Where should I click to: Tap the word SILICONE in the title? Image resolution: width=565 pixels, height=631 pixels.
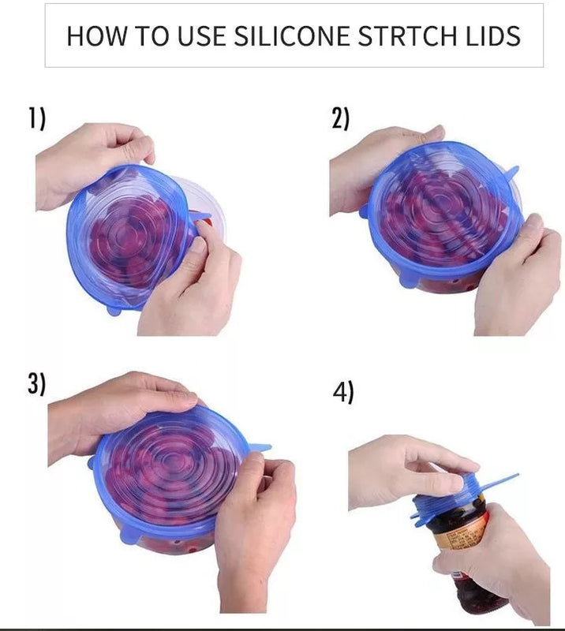[291, 35]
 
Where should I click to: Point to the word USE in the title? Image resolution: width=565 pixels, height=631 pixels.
[201, 35]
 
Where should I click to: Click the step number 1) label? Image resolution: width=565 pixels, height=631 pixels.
[36, 118]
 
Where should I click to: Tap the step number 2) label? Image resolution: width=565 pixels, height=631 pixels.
[341, 118]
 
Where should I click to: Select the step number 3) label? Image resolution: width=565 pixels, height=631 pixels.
[36, 383]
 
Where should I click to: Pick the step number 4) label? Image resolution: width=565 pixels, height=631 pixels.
[343, 392]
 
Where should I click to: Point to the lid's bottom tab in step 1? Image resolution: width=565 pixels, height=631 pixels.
[114, 310]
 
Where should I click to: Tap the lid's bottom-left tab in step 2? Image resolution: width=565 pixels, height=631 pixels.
[409, 281]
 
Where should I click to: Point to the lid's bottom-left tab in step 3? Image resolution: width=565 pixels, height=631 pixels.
[129, 536]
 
